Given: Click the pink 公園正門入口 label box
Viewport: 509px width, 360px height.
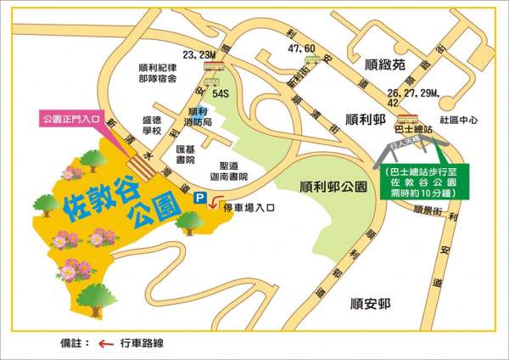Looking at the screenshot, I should (x=70, y=120).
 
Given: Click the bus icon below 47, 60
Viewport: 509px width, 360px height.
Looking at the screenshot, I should (x=309, y=61).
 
